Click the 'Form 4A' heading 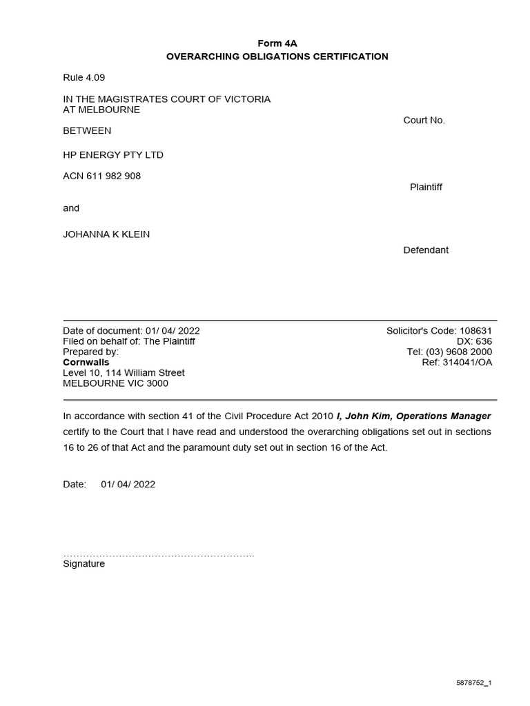(277, 43)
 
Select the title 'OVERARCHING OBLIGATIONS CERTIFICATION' (277, 57)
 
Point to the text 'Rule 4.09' (84, 78)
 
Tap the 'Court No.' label (424, 120)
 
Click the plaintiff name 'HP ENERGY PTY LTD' (113, 155)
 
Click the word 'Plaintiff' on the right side (426, 188)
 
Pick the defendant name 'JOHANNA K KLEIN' (106, 234)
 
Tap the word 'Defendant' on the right (425, 250)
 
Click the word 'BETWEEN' (87, 130)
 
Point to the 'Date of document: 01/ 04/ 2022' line (131, 331)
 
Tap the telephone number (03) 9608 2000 (460, 352)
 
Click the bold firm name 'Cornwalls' (86, 362)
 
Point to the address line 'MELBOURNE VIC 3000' (115, 383)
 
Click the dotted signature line (159, 554)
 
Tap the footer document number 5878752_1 (473, 683)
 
